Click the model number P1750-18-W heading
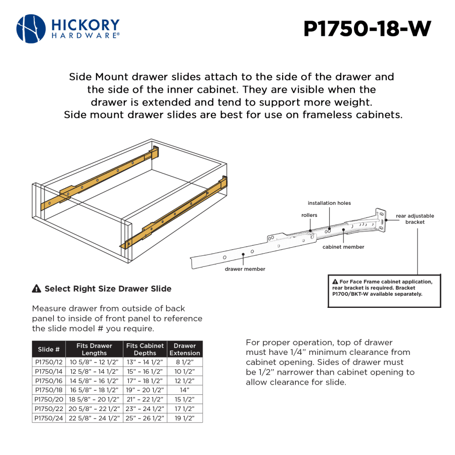coord(367,29)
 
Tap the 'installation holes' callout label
coord(329,203)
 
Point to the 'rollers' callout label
coord(309,215)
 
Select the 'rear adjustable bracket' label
coord(415,219)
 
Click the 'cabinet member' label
coord(343,247)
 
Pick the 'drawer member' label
coord(245,269)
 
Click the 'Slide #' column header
coord(49,349)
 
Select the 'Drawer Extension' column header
coord(185,349)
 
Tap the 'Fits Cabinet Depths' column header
coord(145,349)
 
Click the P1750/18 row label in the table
coord(49,390)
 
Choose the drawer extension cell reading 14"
coord(185,390)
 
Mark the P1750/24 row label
coord(49,418)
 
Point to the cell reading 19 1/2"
coord(185,418)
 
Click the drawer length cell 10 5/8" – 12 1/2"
coord(95,362)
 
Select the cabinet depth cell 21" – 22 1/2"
coord(145,399)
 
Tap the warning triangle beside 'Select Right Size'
coord(36,289)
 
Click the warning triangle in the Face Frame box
coord(335,282)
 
